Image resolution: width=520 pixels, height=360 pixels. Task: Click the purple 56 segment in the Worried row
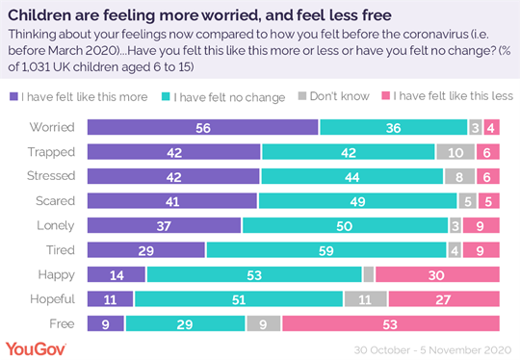click(203, 127)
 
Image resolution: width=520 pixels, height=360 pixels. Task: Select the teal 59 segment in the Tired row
click(326, 249)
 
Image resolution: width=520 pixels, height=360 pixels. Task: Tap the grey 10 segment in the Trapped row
click(455, 151)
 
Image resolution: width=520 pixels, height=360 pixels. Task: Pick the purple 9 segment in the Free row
click(106, 322)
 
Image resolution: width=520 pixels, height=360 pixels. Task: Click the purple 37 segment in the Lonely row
click(164, 224)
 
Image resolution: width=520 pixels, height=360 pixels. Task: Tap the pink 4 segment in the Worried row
click(490, 127)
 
